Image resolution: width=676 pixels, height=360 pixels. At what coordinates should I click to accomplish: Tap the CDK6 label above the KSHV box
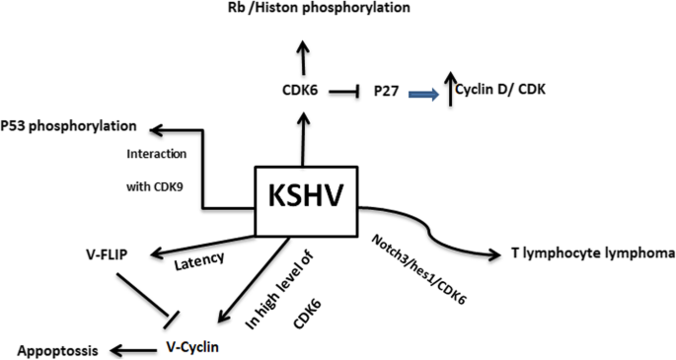[x=302, y=93]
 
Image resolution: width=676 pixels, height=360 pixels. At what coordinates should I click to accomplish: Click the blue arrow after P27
[x=425, y=93]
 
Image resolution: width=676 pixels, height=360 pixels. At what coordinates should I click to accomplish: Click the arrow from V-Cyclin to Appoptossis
[x=129, y=348]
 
